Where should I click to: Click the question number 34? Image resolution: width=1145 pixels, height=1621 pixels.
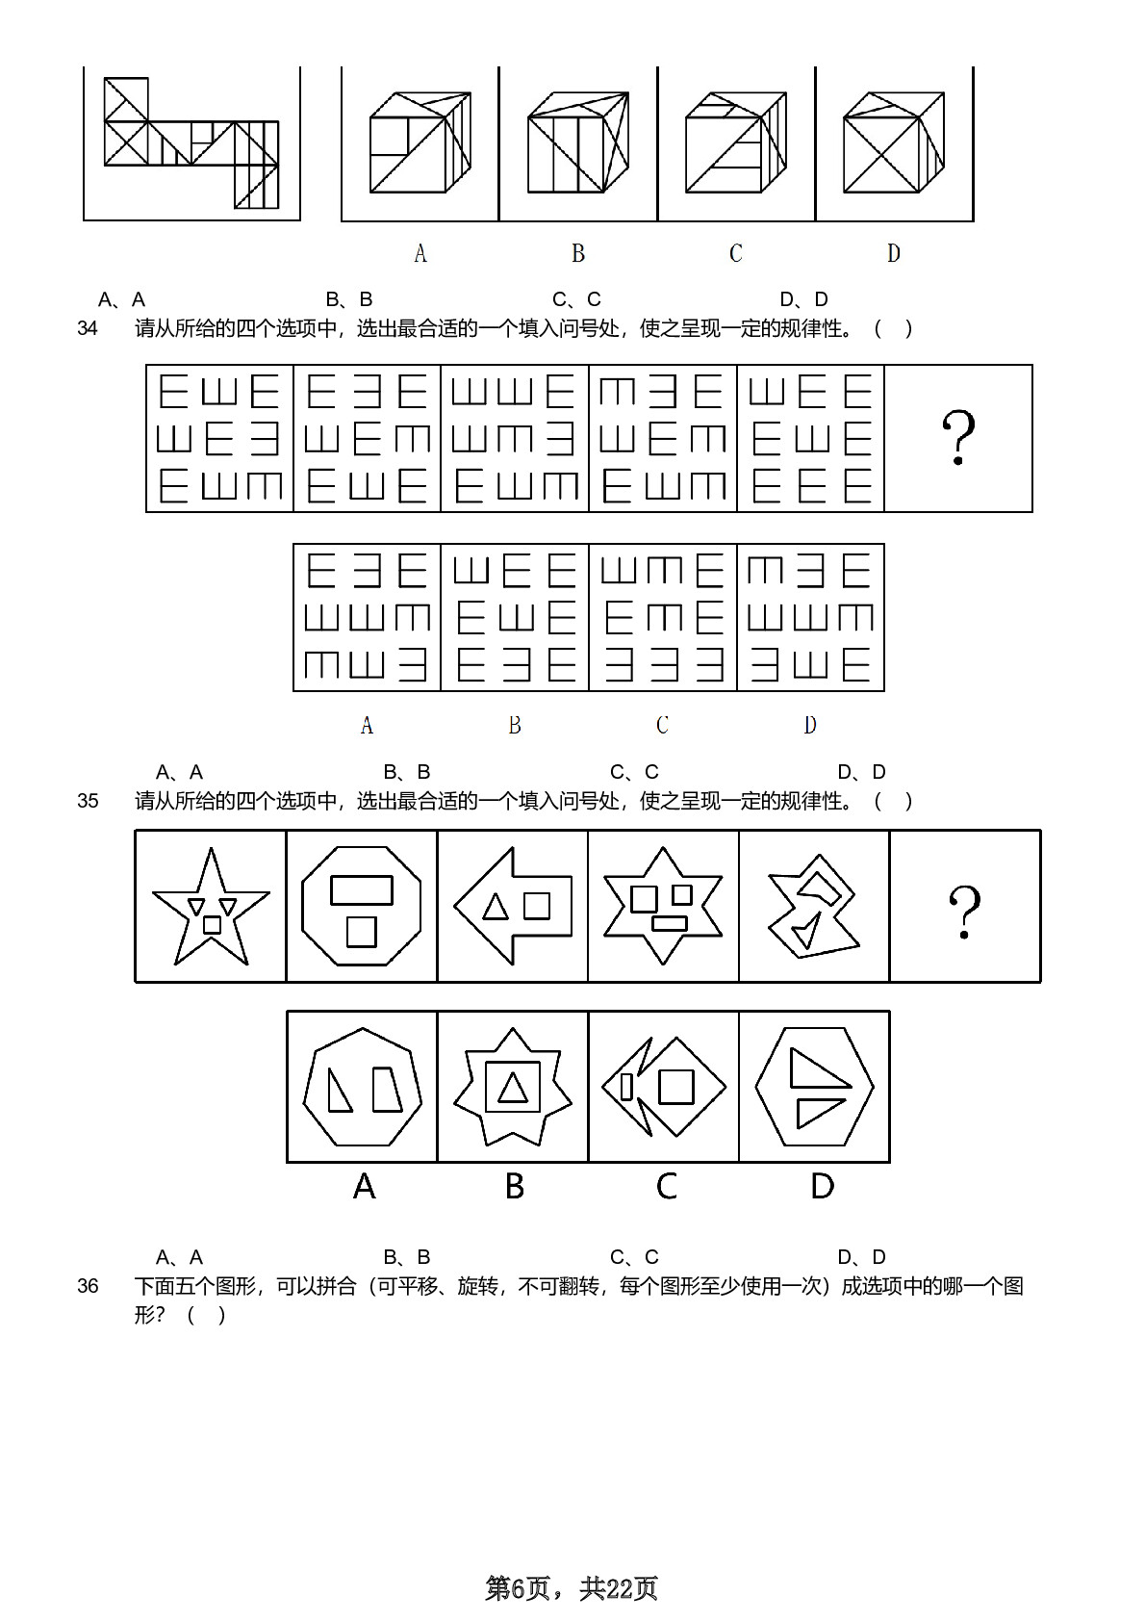pos(88,328)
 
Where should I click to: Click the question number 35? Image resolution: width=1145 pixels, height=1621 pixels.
pos(88,801)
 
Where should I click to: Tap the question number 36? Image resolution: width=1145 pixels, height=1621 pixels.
pos(88,1286)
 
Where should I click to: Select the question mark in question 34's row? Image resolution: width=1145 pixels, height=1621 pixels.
pos(958,437)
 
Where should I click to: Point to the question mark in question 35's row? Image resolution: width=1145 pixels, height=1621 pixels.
pos(965,912)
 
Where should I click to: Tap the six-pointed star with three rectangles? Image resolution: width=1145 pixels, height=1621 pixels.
pos(663,906)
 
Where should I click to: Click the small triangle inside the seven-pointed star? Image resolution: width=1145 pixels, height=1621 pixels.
pos(513,1088)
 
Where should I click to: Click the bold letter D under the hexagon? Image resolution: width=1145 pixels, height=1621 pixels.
pos(823,1186)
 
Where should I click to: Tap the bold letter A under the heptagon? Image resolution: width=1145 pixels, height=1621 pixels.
pos(365,1186)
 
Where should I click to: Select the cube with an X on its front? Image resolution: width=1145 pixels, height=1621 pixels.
pos(894,142)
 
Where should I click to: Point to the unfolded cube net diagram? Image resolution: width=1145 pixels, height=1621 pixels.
pos(191,142)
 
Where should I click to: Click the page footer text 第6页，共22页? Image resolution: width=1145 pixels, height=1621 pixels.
pos(572,1588)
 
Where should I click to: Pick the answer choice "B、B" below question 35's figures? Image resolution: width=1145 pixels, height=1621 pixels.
pos(406,1257)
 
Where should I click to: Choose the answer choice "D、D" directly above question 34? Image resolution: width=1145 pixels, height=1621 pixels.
pos(803,299)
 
